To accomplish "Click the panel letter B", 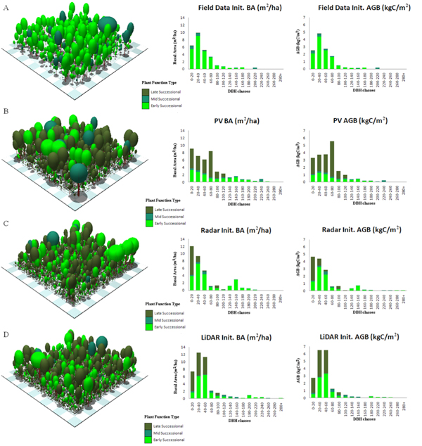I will point(6,112).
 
